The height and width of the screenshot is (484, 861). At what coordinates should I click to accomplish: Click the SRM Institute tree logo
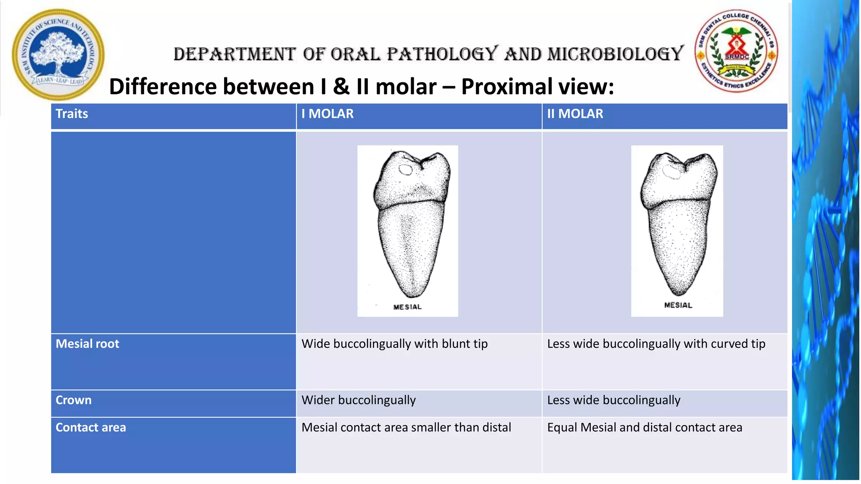(58, 55)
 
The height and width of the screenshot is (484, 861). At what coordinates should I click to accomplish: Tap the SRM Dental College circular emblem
(736, 51)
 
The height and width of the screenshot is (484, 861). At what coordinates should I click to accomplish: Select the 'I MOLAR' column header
(327, 114)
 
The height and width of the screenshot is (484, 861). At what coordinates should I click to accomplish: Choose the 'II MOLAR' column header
(575, 114)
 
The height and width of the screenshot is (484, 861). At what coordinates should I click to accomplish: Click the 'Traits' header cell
(72, 114)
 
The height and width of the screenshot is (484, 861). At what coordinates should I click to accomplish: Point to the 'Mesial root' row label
(87, 344)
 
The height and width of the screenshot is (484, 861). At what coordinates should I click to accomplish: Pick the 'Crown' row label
(74, 400)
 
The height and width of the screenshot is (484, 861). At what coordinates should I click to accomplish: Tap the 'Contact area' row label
(91, 427)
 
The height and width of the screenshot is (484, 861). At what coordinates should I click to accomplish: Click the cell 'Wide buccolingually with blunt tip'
(394, 344)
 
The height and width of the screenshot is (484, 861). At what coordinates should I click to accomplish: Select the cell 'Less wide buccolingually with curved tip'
(656, 344)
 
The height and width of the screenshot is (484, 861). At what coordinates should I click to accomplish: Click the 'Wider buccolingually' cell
(359, 400)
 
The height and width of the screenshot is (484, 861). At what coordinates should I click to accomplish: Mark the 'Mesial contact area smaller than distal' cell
(406, 427)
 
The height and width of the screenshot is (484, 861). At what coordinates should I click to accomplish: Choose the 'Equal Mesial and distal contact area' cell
(644, 427)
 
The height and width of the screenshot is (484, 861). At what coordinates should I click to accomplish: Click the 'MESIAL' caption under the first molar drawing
(407, 307)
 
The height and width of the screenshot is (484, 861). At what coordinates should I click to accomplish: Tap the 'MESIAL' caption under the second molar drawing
(678, 305)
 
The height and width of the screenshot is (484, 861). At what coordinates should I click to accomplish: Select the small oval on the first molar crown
(406, 170)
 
